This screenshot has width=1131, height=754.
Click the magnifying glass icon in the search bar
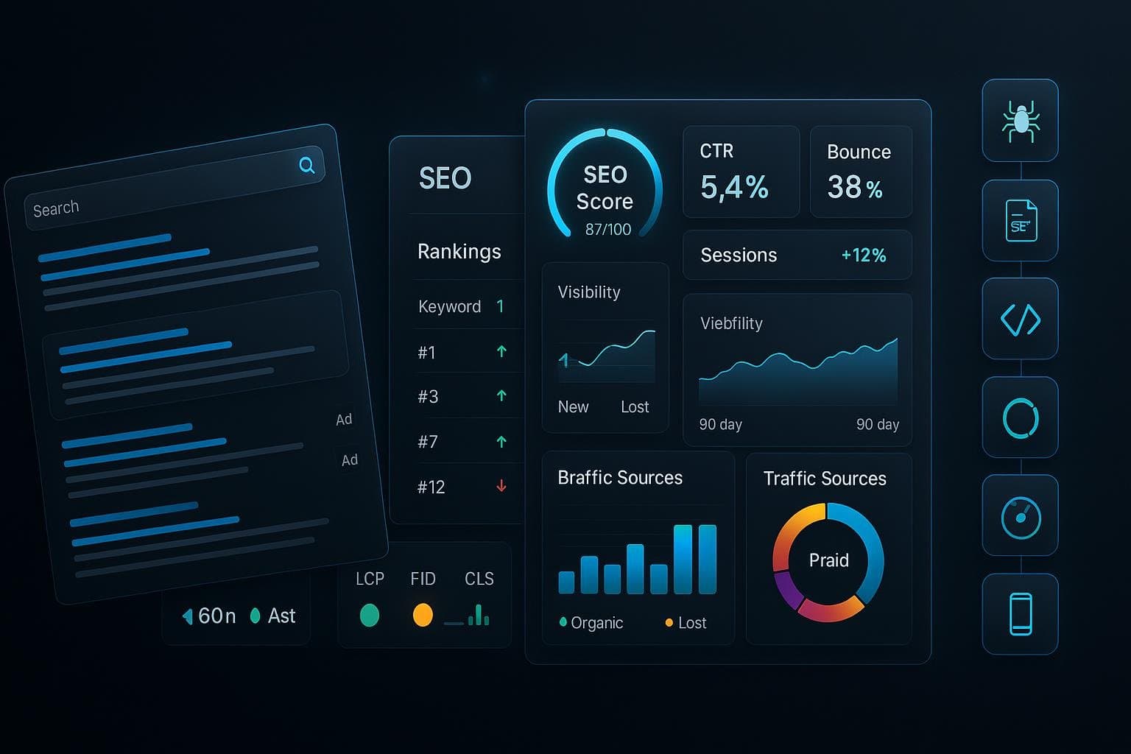click(307, 165)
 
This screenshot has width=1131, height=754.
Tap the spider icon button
click(1021, 121)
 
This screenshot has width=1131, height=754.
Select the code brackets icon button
click(1021, 320)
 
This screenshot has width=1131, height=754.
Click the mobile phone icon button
click(1021, 614)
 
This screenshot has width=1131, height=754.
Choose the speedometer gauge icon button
click(1021, 516)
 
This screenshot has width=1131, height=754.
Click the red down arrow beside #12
click(501, 486)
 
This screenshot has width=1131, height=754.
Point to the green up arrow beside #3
click(501, 396)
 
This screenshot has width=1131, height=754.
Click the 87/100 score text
click(608, 230)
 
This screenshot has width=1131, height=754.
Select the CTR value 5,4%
click(734, 187)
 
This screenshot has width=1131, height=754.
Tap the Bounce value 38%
click(855, 188)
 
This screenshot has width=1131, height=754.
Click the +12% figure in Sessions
click(864, 256)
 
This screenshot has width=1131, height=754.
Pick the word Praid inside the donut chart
click(829, 560)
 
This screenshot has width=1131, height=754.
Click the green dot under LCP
click(370, 615)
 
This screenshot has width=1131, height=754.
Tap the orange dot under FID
click(423, 615)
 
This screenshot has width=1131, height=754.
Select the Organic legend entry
click(592, 623)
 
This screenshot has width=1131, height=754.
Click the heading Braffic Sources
click(620, 478)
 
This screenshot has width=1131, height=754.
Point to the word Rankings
click(459, 252)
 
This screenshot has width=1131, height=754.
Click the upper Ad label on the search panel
click(344, 420)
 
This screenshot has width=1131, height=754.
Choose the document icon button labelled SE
click(1021, 221)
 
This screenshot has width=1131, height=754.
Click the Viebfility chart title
click(731, 323)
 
